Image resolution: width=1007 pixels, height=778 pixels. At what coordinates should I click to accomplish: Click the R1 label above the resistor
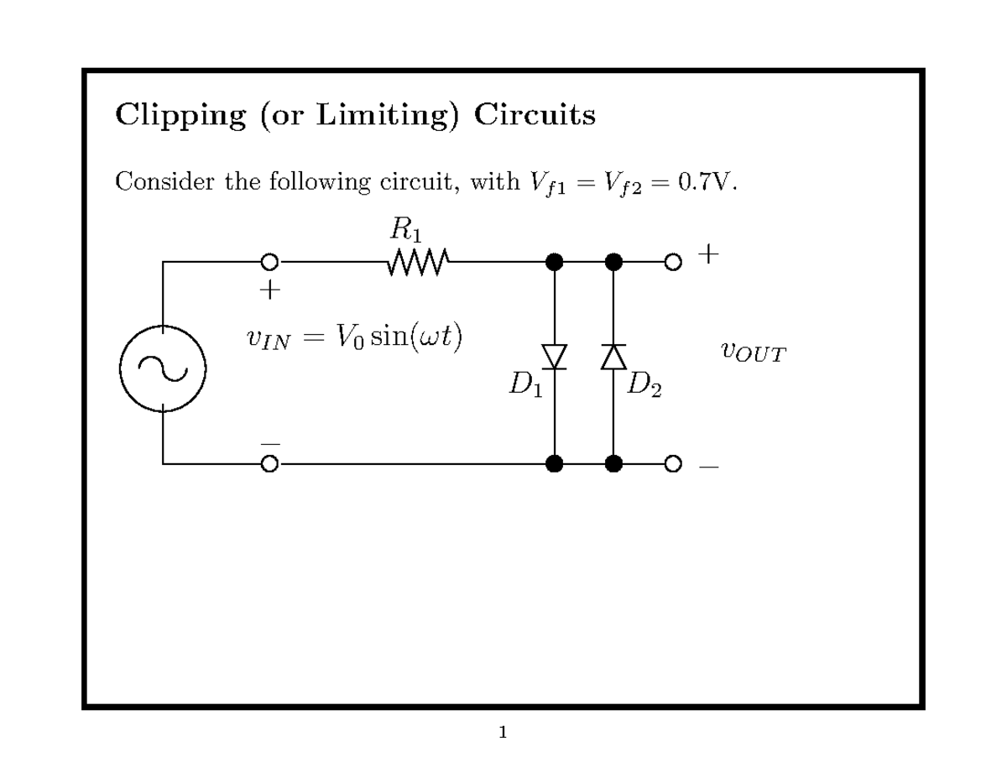point(405,229)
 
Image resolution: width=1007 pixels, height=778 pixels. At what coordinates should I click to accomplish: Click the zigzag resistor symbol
point(419,262)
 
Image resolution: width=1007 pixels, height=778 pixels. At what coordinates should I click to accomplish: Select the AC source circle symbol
point(163,368)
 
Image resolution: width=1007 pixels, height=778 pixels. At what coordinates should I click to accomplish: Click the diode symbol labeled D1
point(554,357)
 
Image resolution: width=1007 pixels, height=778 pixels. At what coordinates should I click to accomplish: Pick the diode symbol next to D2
point(613,357)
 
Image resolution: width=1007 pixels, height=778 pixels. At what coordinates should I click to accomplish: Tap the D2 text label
point(644,387)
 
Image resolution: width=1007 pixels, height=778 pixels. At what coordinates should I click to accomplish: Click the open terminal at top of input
point(269,262)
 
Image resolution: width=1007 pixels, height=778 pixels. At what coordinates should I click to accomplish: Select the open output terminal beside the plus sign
point(672,262)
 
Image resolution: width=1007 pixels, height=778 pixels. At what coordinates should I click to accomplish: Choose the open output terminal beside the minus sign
point(672,463)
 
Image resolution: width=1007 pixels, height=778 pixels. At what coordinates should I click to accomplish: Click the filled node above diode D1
point(554,262)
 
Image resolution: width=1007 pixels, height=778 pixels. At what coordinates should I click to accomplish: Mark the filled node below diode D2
point(613,463)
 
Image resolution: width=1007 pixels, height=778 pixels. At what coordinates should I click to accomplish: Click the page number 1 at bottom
point(503,734)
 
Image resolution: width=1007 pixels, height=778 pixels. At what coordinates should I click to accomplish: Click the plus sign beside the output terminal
point(709,254)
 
